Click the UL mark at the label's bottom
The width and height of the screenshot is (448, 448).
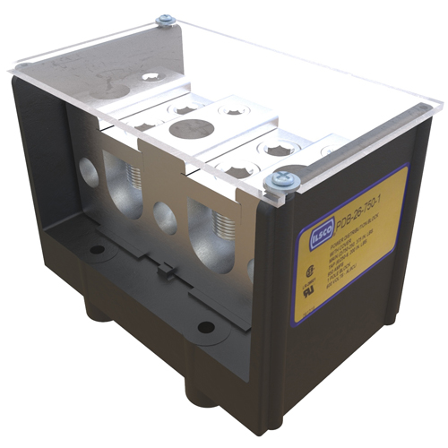pyautogui.click(x=307, y=291)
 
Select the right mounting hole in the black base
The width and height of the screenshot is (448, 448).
pyautogui.click(x=206, y=326)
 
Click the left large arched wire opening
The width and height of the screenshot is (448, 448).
pyautogui.click(x=124, y=183)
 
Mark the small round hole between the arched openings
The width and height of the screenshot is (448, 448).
pyautogui.click(x=164, y=217)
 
